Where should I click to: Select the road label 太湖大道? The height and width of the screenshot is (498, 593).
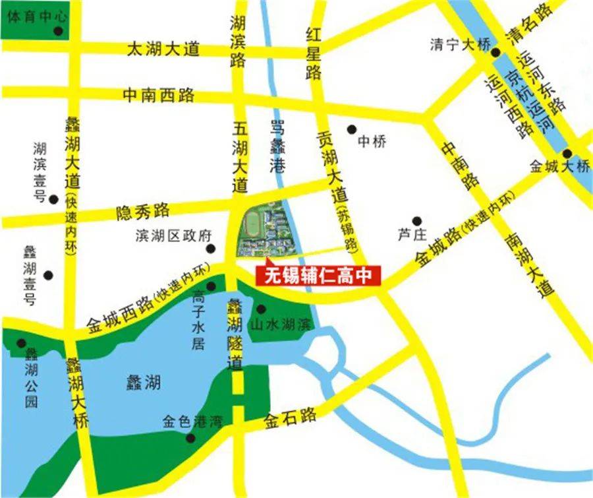pos(163,50)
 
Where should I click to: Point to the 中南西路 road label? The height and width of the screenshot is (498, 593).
pos(159,95)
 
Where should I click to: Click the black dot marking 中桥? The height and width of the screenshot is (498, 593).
pos(352,129)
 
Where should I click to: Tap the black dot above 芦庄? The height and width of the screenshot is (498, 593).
pos(416,221)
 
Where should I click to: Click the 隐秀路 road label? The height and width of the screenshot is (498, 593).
pos(142,211)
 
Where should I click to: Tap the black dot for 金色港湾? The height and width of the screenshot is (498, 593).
pos(191,437)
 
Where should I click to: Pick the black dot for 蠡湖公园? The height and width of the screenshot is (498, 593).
pos(22,343)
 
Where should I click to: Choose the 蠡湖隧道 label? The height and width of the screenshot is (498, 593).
pos(235,334)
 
